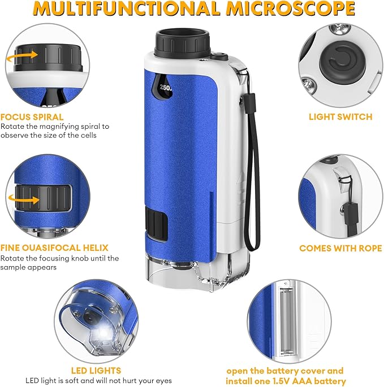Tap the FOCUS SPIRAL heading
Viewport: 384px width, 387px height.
pos(32,117)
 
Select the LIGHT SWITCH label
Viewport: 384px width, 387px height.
pos(340,117)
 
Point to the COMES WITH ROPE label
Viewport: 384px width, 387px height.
pos(340,248)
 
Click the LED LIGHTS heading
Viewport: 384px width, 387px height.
pos(96,371)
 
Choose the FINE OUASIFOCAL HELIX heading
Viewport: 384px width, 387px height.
pos(54,248)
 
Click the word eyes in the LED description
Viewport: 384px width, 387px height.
pos(161,381)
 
